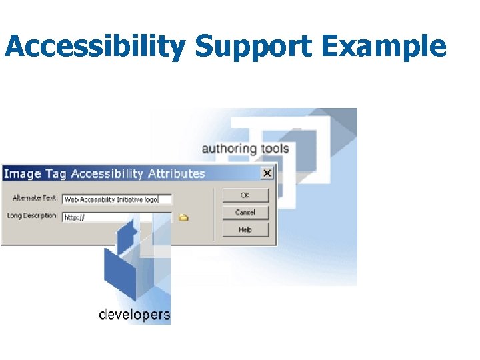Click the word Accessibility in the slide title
coord(95,47)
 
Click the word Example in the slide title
coord(385,47)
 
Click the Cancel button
coord(245,213)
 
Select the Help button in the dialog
coord(245,230)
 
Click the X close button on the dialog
coord(267,173)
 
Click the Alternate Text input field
coord(117,199)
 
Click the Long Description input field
coord(117,217)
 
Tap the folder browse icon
coord(183,217)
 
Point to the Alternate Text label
coord(35,198)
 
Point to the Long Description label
coord(33,216)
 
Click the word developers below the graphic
coord(134,315)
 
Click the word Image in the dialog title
coord(23,174)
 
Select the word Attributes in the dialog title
coord(176,173)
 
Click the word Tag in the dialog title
coord(56,174)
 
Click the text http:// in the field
coord(74,218)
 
